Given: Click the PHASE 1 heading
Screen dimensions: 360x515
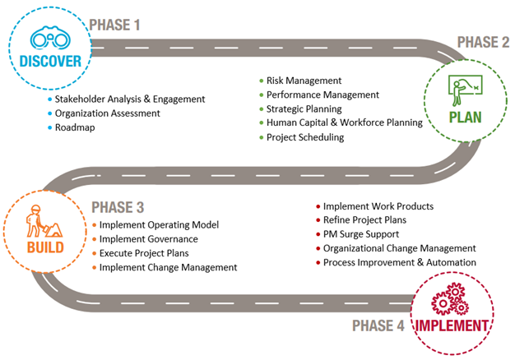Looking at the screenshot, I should click(114, 25).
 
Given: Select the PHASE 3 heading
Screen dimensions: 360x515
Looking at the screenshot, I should click(118, 205).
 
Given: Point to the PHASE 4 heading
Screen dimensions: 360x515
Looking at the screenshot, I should click(378, 325).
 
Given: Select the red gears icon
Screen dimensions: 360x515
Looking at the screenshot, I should click(450, 300).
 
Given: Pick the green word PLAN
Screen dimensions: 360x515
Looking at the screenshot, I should click(465, 116).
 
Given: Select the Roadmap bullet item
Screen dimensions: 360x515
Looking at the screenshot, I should click(77, 128).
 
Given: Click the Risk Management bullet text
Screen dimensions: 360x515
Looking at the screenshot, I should click(304, 81).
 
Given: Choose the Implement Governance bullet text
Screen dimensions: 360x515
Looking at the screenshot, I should click(148, 239).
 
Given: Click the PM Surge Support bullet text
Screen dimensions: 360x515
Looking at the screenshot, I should click(361, 234).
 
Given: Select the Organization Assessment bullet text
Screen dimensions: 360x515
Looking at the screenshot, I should click(107, 113).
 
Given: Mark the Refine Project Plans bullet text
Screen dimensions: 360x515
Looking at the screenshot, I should click(364, 220).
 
